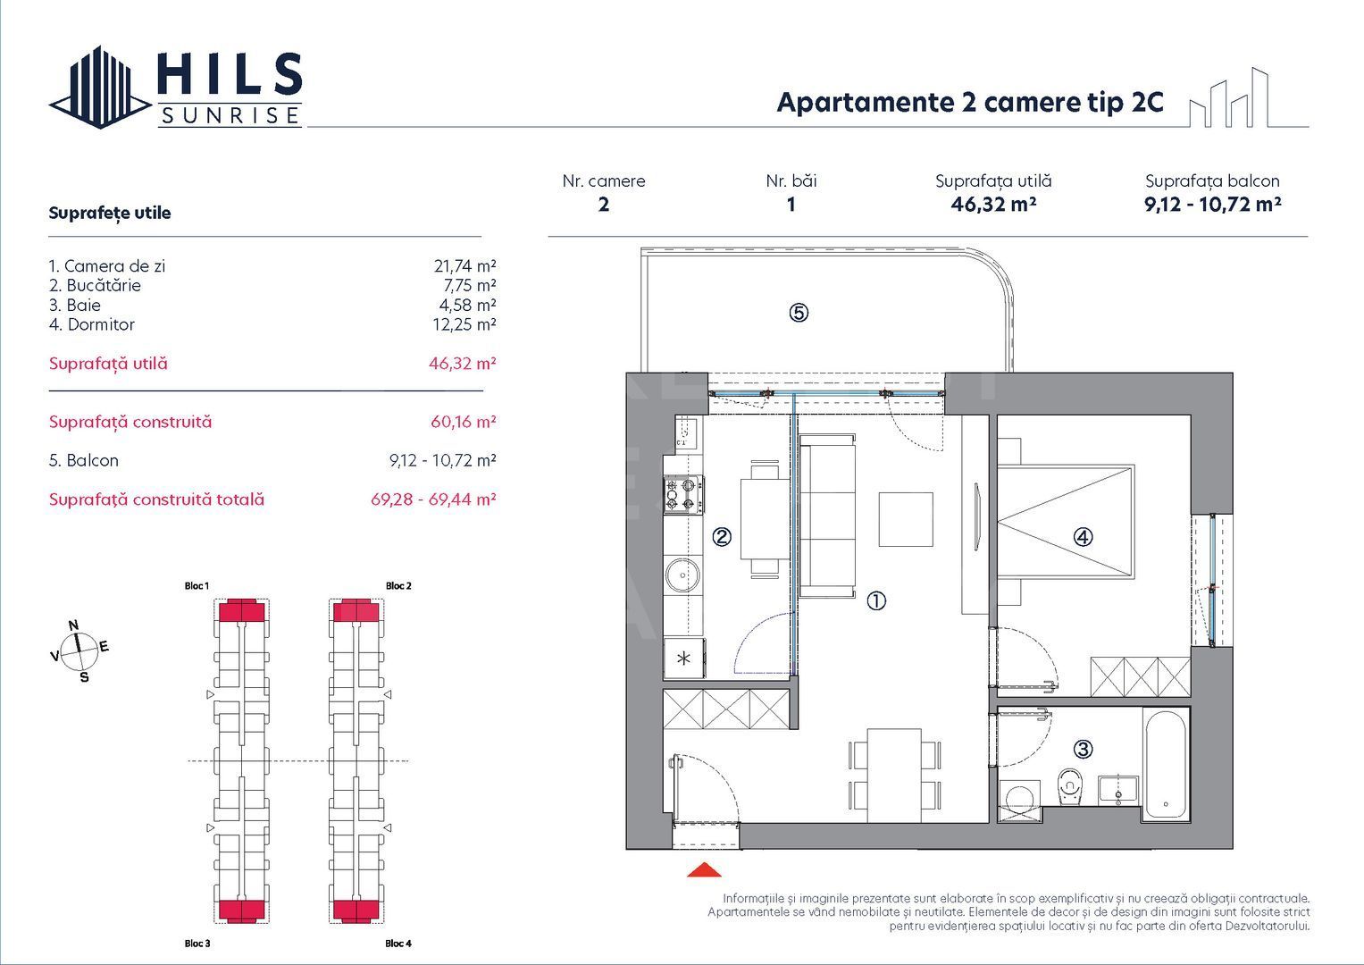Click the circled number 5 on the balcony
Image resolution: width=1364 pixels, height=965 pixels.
(x=799, y=313)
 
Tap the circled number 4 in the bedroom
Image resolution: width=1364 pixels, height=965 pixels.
(x=1082, y=537)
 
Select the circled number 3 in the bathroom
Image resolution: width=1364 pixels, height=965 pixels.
(x=1083, y=749)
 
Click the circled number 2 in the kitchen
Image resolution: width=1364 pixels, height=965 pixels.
(x=722, y=537)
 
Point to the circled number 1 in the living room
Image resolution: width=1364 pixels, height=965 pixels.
(x=876, y=601)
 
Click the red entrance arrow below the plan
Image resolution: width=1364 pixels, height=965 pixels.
(x=704, y=870)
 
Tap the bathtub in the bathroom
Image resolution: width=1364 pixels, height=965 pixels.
(x=1166, y=765)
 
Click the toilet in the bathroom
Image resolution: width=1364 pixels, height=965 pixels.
(x=1069, y=787)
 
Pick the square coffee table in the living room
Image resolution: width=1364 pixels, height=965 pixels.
(x=906, y=519)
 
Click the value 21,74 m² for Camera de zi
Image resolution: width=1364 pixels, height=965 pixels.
(x=464, y=266)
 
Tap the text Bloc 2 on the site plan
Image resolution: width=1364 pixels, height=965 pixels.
(x=398, y=586)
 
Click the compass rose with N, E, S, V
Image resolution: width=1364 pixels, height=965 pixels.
(x=79, y=650)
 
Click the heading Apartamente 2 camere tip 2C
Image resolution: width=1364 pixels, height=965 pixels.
(x=970, y=103)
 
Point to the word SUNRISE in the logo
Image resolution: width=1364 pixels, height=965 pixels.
(x=230, y=116)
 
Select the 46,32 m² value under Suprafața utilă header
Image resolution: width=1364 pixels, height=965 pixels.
(x=993, y=204)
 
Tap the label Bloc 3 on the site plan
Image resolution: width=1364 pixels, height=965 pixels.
(x=197, y=944)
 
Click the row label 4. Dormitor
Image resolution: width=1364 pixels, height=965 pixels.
(x=92, y=324)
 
